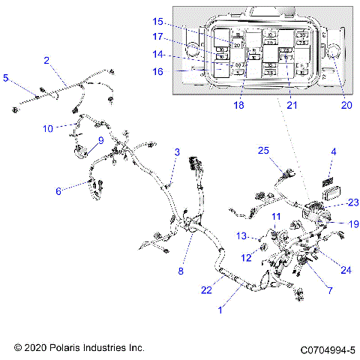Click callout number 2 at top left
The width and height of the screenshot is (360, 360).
pyautogui.click(x=46, y=60)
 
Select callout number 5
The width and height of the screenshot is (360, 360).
pyautogui.click(x=7, y=77)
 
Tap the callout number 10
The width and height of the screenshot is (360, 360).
pyautogui.click(x=48, y=128)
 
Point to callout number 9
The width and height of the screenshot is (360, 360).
pyautogui.click(x=100, y=139)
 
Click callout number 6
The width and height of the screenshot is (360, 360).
pyautogui.click(x=58, y=191)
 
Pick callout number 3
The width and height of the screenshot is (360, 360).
pyautogui.click(x=177, y=152)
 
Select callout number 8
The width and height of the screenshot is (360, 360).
pyautogui.click(x=181, y=271)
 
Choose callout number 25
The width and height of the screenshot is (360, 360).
pyautogui.click(x=263, y=151)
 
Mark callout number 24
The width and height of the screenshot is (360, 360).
pyautogui.click(x=325, y=270)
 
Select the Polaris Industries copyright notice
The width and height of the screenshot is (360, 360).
pyautogui.click(x=79, y=349)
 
